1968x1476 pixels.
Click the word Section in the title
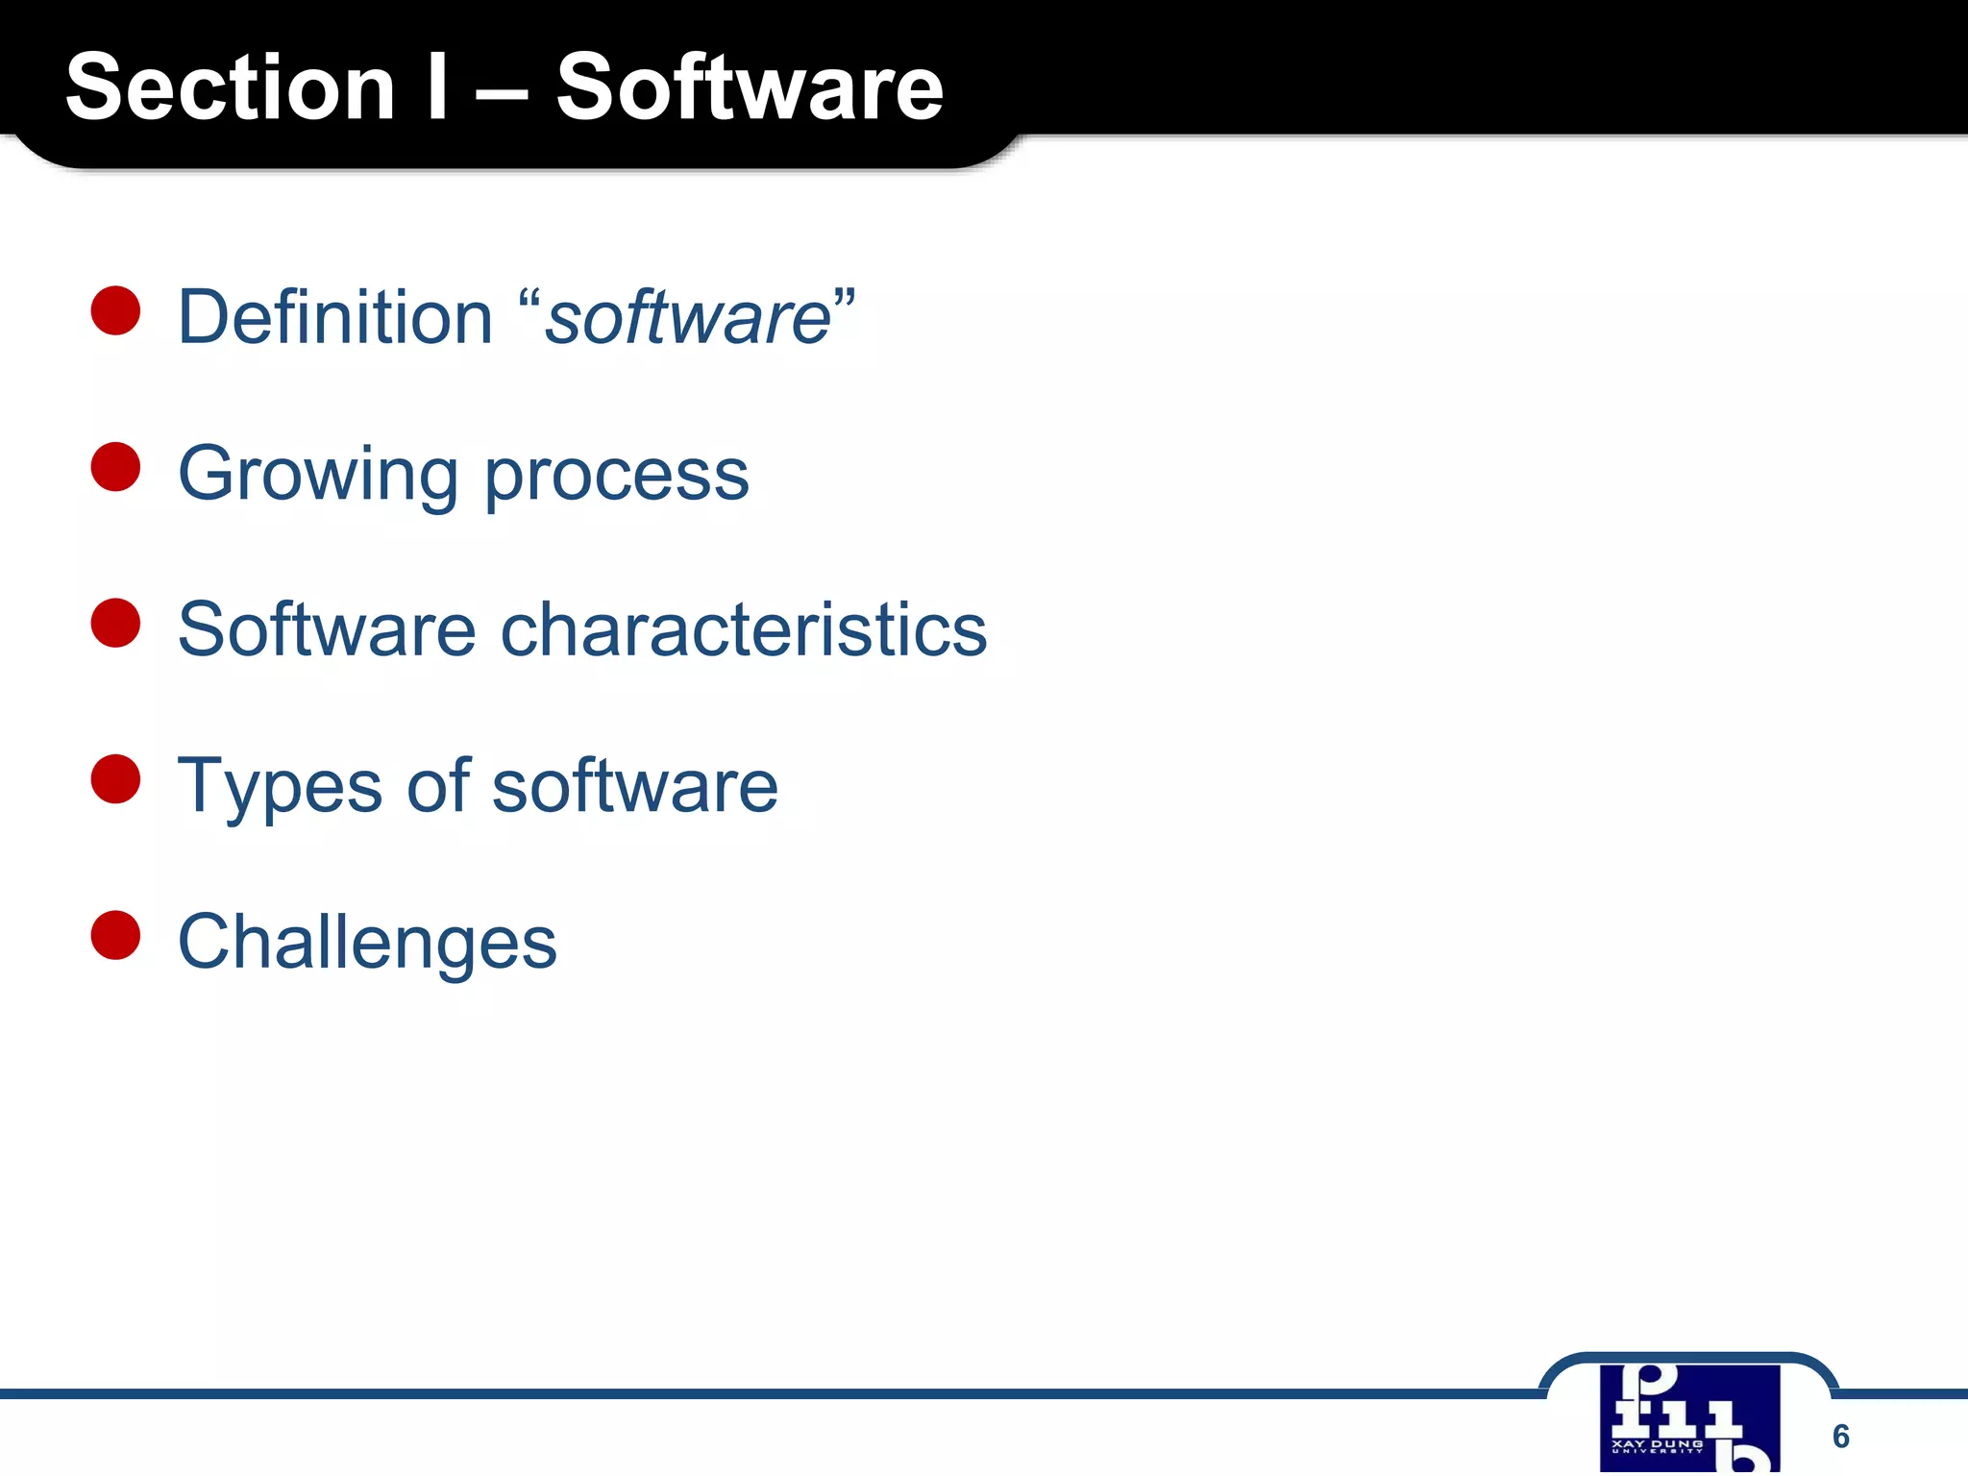click(x=231, y=87)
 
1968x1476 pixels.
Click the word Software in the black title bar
click(x=750, y=87)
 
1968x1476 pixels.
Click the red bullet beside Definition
click(x=116, y=310)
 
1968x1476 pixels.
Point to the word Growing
click(x=318, y=475)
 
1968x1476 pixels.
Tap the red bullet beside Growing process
click(x=116, y=467)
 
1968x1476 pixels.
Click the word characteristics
click(x=744, y=629)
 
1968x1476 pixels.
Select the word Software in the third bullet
click(x=327, y=629)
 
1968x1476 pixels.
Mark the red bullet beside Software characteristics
click(x=116, y=623)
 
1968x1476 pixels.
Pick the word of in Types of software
click(x=438, y=785)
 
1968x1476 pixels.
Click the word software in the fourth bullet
click(x=634, y=785)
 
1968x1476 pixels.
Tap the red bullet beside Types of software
click(x=116, y=778)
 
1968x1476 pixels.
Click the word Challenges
click(x=367, y=943)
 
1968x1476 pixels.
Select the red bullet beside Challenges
click(x=116, y=935)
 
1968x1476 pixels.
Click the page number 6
click(x=1840, y=1436)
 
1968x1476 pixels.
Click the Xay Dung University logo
click(x=1689, y=1418)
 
